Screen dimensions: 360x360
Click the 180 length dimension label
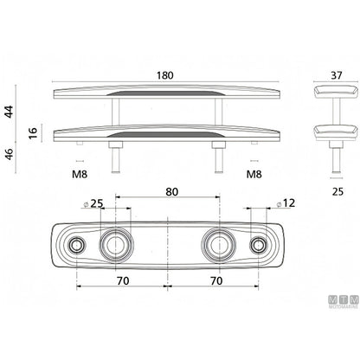click(x=165, y=75)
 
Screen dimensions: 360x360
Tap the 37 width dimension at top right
click(x=337, y=75)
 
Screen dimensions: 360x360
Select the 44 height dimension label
click(x=10, y=112)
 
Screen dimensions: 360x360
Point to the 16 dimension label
click(x=34, y=133)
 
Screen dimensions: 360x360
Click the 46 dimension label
click(x=10, y=155)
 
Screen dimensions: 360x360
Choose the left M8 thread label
click(x=80, y=174)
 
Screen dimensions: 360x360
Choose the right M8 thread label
click(x=254, y=174)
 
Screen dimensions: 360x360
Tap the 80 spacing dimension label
click(x=171, y=192)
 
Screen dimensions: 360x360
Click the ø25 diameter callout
click(x=93, y=203)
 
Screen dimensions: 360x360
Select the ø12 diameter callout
click(x=286, y=203)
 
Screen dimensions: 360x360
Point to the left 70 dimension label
click(x=123, y=280)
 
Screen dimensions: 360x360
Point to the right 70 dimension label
click(x=216, y=280)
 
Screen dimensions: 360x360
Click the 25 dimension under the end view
click(x=337, y=191)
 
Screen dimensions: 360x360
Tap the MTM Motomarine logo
click(x=344, y=301)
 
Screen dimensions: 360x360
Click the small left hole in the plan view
click(x=77, y=245)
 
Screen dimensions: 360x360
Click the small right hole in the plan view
click(x=259, y=245)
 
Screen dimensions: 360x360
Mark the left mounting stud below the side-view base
click(x=116, y=157)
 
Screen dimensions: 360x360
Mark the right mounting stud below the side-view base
click(x=219, y=157)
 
